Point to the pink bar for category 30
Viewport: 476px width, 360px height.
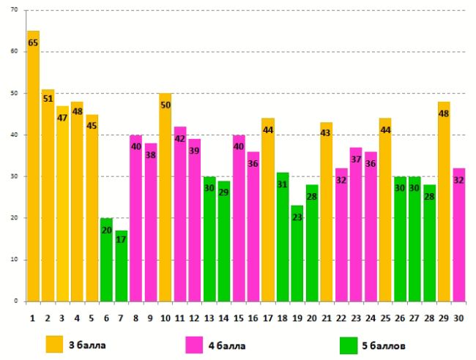(x=459, y=234)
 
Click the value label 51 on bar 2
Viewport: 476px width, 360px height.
(x=48, y=99)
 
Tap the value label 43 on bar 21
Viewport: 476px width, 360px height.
(x=327, y=132)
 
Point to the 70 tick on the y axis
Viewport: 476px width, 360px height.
(x=15, y=11)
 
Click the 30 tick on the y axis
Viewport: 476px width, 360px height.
(x=15, y=176)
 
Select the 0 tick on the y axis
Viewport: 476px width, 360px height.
(x=18, y=301)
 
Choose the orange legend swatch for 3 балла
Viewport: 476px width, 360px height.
(x=55, y=343)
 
